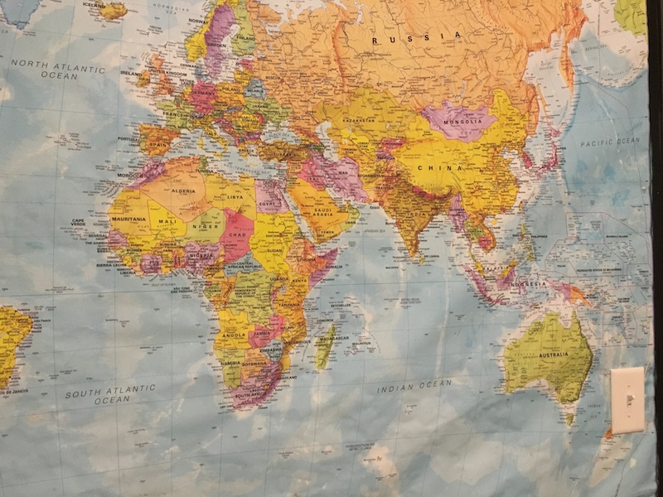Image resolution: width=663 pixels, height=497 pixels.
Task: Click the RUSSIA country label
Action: pyautogui.click(x=416, y=37)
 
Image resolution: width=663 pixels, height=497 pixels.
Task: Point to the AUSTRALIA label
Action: pyautogui.click(x=554, y=355)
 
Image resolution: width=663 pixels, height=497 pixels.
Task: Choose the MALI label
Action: pyautogui.click(x=166, y=221)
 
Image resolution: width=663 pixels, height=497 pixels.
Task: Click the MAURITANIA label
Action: pyautogui.click(x=128, y=219)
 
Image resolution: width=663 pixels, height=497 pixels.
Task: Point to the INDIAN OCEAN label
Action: pyautogui.click(x=414, y=385)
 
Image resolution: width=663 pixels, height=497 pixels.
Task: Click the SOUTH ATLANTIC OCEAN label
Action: pyautogui.click(x=110, y=393)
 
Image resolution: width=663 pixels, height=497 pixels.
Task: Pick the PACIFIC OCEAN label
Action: pyautogui.click(x=610, y=142)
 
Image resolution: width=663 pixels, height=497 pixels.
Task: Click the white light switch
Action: pyautogui.click(x=627, y=400)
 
